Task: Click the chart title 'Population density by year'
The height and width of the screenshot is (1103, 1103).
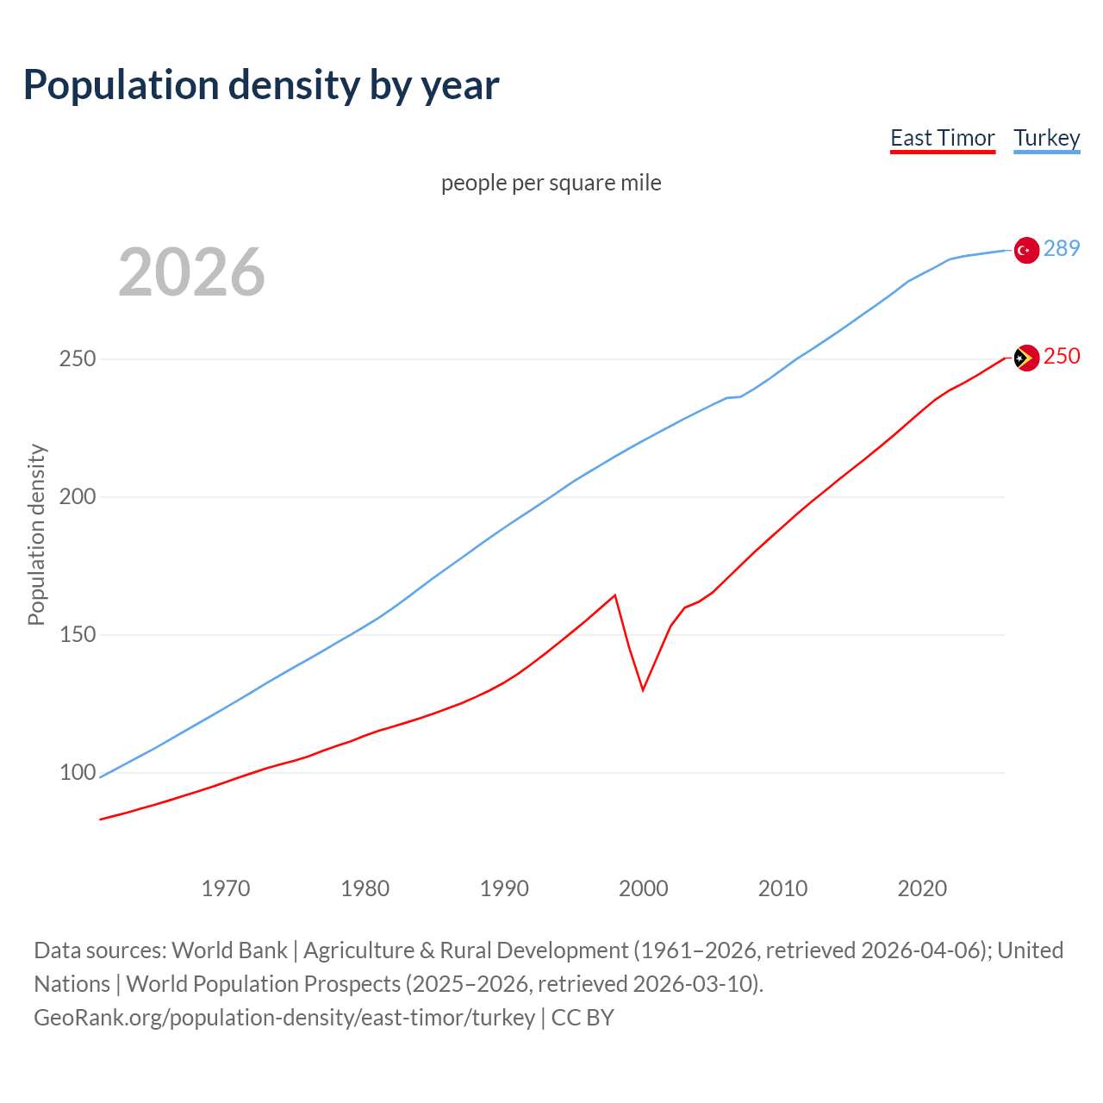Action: [x=261, y=85]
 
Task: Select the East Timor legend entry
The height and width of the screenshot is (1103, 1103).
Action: [x=942, y=139]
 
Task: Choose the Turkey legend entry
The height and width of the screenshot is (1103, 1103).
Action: [x=1046, y=139]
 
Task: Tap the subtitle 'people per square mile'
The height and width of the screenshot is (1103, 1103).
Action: [x=551, y=184]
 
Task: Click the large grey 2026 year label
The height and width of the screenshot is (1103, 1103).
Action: [x=191, y=272]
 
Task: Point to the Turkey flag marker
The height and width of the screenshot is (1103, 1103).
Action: [x=1025, y=250]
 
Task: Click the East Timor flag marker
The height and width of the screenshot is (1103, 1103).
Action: [x=1025, y=358]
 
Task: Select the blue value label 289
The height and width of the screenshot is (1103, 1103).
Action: [x=1061, y=249]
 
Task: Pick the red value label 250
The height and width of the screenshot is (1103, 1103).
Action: [x=1061, y=357]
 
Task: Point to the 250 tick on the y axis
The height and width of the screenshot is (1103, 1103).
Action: [x=77, y=359]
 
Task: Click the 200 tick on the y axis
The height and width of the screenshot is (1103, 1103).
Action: [x=77, y=497]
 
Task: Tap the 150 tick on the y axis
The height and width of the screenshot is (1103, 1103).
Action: [x=77, y=635]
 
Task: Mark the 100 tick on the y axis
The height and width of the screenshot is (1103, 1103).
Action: [x=77, y=773]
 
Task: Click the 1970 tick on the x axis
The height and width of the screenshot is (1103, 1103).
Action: [x=226, y=888]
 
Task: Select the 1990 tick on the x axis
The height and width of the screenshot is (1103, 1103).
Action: [x=504, y=888]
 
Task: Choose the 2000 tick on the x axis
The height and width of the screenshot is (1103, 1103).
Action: [x=644, y=888]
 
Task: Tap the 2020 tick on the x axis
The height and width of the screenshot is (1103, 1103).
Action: [x=922, y=888]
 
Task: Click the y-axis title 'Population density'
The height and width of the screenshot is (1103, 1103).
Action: [x=36, y=534]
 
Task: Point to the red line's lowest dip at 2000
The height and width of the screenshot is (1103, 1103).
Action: [x=643, y=689]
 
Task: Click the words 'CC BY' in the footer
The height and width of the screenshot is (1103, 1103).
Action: [x=583, y=1018]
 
